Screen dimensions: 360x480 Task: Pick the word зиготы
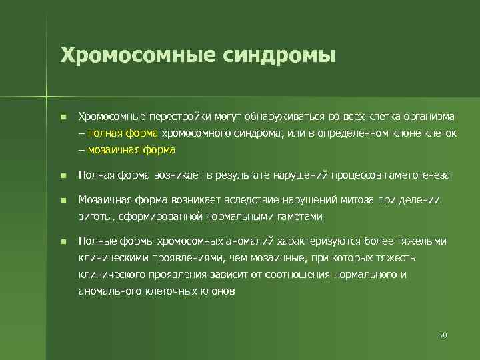click(x=93, y=216)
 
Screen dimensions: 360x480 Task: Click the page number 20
click(x=443, y=335)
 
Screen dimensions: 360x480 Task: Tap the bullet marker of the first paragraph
click(x=63, y=117)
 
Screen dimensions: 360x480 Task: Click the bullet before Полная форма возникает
click(x=63, y=176)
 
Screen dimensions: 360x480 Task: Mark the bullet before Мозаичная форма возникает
click(x=63, y=200)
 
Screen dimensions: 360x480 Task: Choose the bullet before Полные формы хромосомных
click(x=63, y=241)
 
